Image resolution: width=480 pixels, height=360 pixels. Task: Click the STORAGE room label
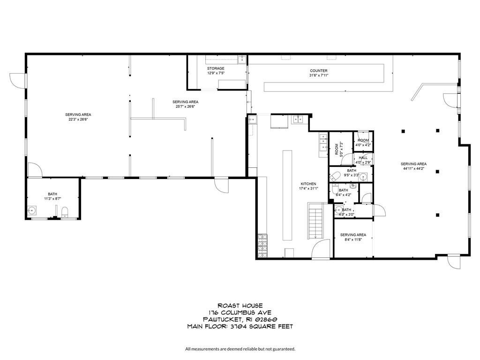pos(216,68)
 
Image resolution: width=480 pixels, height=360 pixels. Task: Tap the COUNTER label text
pos(319,71)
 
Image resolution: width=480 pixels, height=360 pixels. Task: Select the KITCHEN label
pos(308,184)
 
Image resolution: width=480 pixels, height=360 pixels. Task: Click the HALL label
pos(363,157)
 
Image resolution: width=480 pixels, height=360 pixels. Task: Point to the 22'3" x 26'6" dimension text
pos(78,120)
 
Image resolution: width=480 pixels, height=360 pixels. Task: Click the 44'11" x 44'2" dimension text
pos(413,168)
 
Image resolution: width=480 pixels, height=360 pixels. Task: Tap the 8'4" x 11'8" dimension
pos(353,240)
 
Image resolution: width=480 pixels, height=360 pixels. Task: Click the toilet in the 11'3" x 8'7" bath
pos(65,212)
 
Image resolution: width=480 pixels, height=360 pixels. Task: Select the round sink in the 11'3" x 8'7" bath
pos(32,210)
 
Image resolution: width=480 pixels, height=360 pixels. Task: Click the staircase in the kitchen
pos(315,220)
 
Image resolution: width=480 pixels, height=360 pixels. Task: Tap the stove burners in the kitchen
pos(262,246)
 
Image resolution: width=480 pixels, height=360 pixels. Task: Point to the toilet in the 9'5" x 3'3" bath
pos(335,176)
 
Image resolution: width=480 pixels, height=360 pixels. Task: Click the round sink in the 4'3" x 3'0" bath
pos(338,210)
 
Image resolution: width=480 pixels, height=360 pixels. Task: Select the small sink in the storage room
pos(242,60)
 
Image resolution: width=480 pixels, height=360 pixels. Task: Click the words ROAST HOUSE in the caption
pos(240,306)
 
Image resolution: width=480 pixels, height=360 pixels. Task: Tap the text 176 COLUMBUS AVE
pos(240,313)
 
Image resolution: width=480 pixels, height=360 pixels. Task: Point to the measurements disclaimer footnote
pos(240,349)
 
